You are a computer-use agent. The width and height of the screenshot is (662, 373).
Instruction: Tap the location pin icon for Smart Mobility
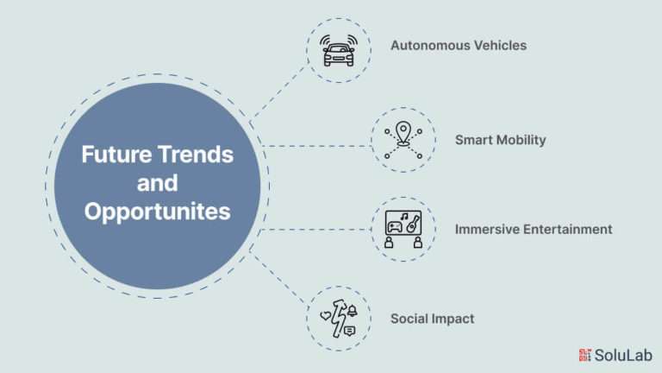pos(403,134)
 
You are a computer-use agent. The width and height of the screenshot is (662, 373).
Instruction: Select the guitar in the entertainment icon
pos(413,224)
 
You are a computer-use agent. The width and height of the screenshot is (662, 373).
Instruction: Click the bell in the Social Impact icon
pos(352,311)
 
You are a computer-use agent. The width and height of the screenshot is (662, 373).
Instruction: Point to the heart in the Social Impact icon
pos(326,315)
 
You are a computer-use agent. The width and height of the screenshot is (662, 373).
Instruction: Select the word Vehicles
pos(496,45)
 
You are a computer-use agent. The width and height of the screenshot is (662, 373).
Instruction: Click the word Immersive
pos(487,229)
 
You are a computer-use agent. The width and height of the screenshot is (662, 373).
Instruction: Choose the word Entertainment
pos(568,229)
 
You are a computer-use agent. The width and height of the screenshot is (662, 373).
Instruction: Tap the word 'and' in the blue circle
pos(158,183)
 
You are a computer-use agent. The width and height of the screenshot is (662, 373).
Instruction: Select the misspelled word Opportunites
pos(158,212)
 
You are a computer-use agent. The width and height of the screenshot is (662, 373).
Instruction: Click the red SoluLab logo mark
pos(584,355)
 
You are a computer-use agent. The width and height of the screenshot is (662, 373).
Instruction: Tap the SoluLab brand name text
pos(623,355)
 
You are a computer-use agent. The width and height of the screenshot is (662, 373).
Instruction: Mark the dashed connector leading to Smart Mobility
pos(316,146)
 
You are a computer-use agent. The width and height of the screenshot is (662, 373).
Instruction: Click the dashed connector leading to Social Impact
pos(277,275)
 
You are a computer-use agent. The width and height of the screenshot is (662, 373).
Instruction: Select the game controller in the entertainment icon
pos(395,227)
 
